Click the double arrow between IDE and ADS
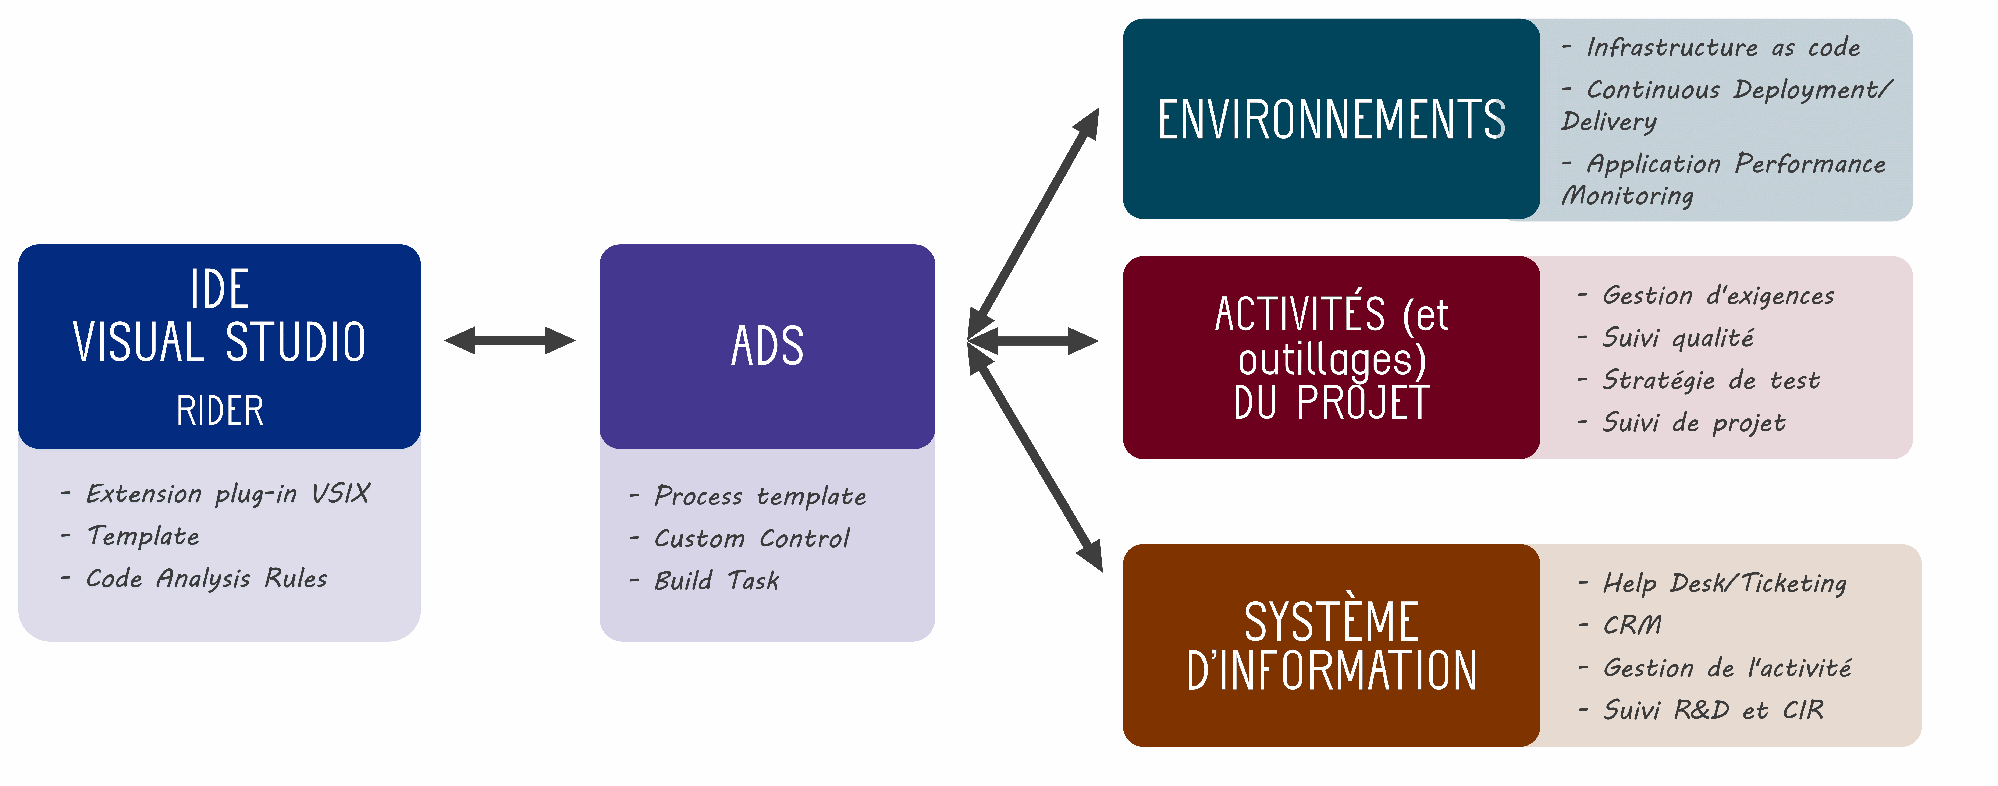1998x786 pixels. tap(510, 340)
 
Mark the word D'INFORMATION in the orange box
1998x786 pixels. tap(1331, 671)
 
